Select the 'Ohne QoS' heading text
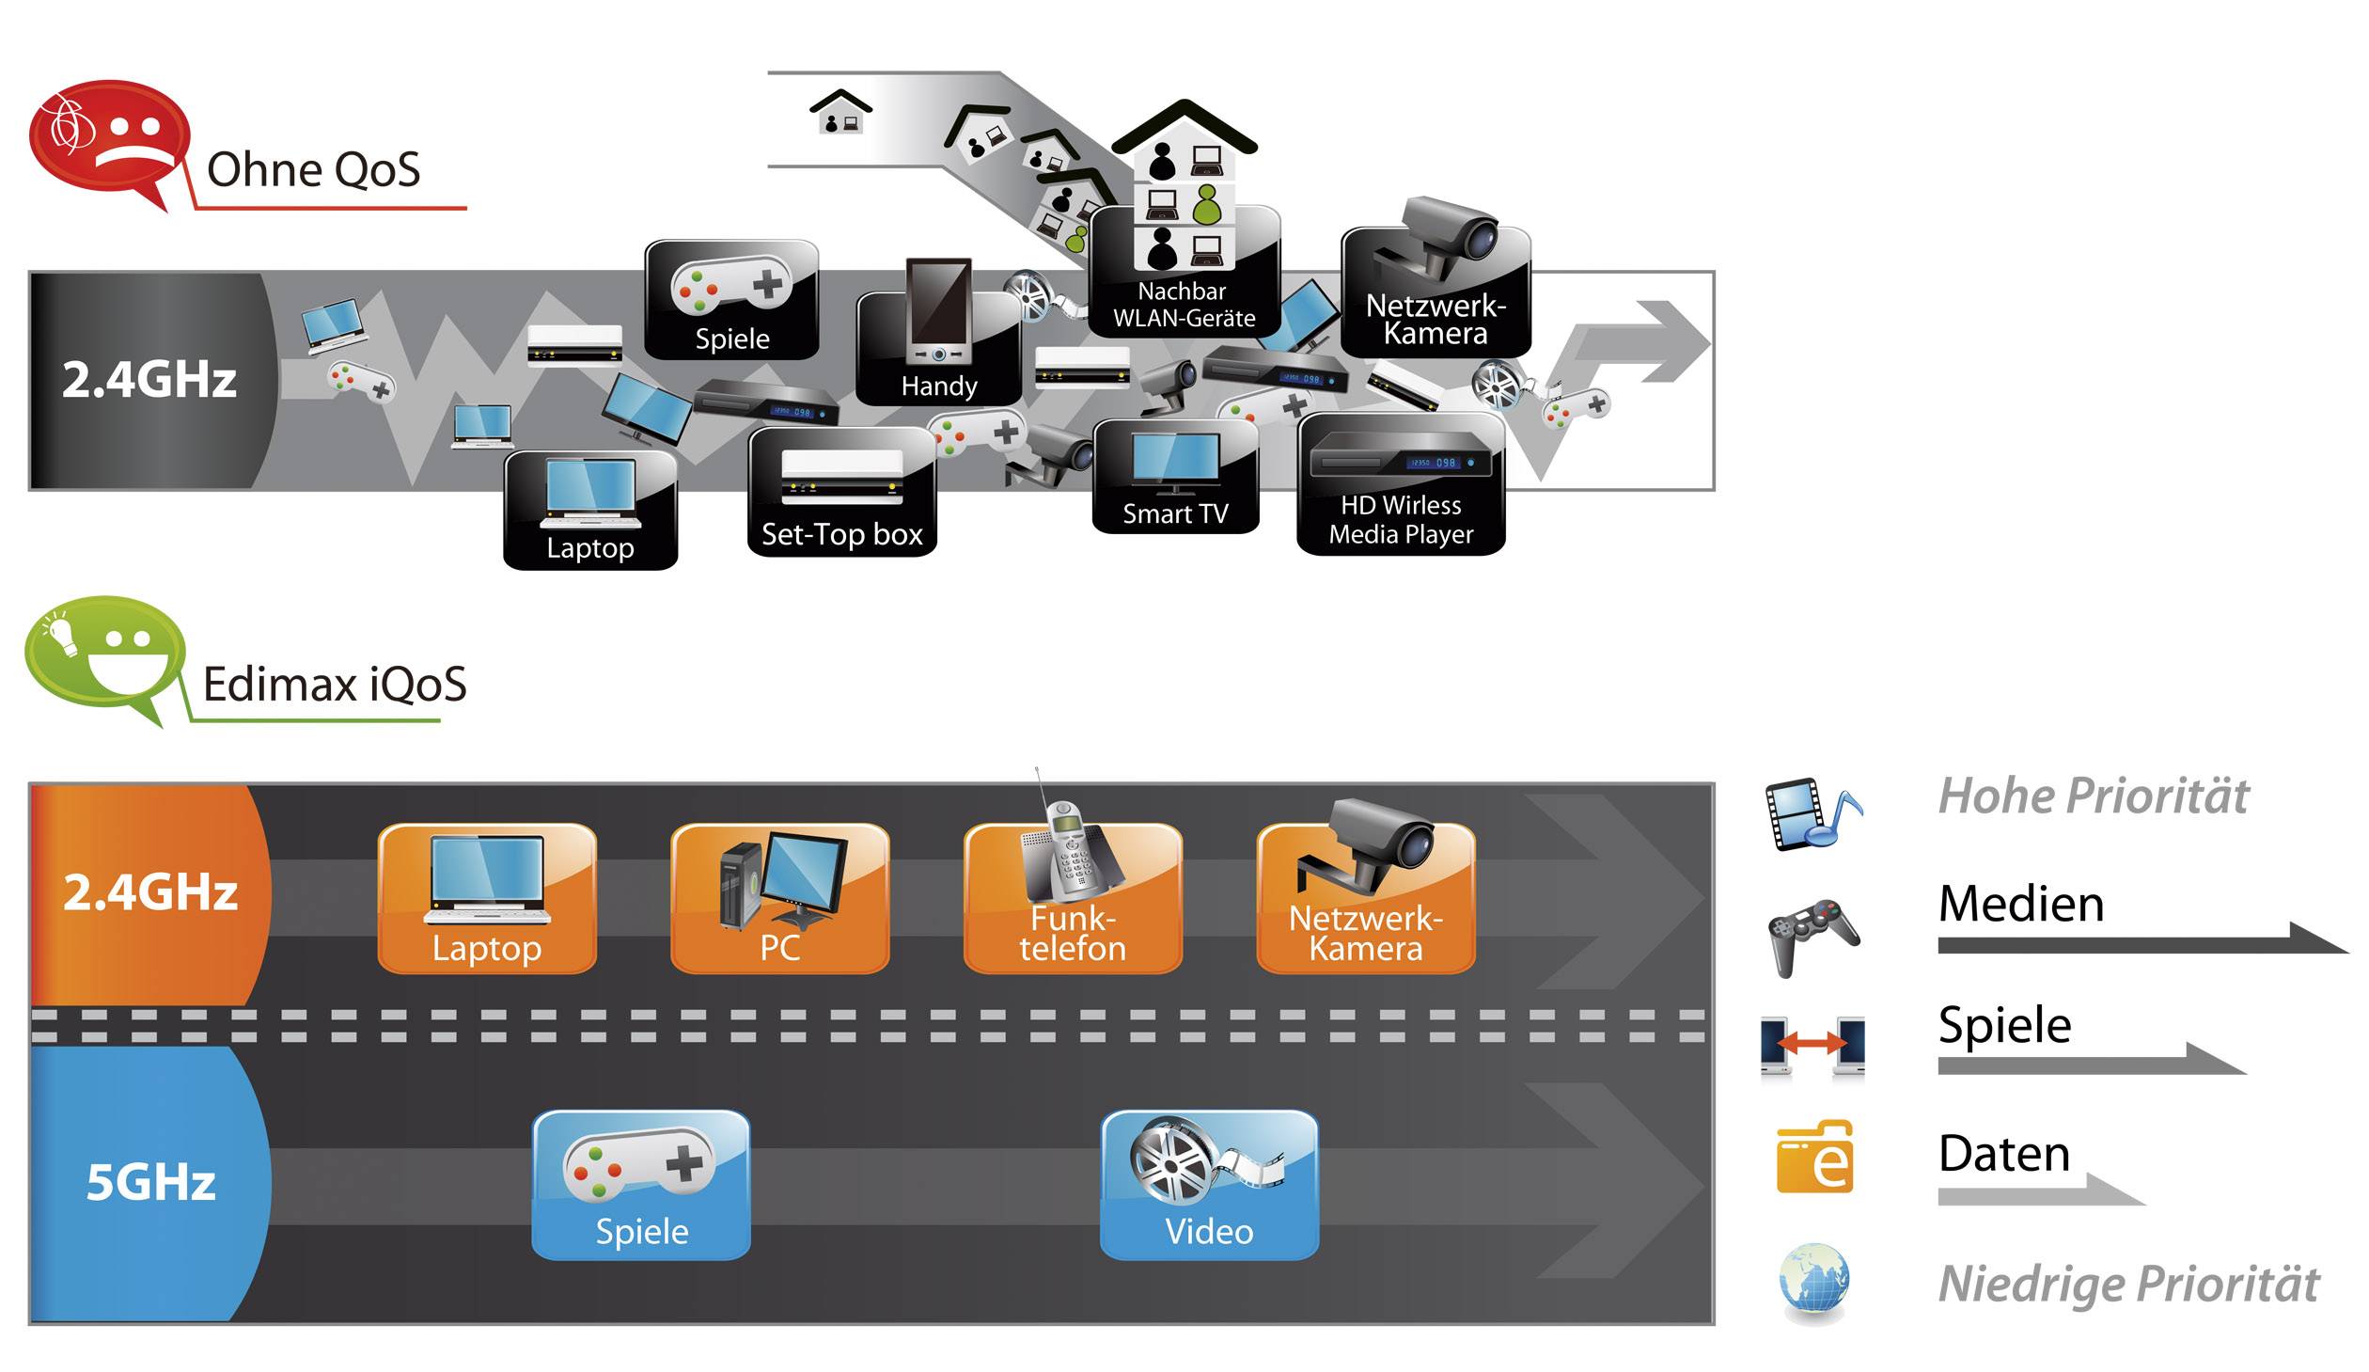click(x=313, y=170)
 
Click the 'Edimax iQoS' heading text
click(x=335, y=684)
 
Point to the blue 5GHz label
click(x=150, y=1182)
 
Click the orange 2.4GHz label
click(x=150, y=892)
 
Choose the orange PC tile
click(x=779, y=898)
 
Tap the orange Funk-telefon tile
click(x=1073, y=898)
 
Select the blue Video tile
click(x=1209, y=1185)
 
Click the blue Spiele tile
click(x=641, y=1185)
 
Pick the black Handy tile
click(x=938, y=348)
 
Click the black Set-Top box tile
click(x=841, y=492)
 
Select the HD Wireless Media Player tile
click(x=1401, y=485)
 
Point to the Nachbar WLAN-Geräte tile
click(x=1184, y=273)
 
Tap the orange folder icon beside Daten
click(x=1813, y=1158)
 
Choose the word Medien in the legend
click(x=2020, y=904)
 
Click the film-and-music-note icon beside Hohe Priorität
click(x=1812, y=814)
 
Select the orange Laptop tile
click(x=487, y=898)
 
